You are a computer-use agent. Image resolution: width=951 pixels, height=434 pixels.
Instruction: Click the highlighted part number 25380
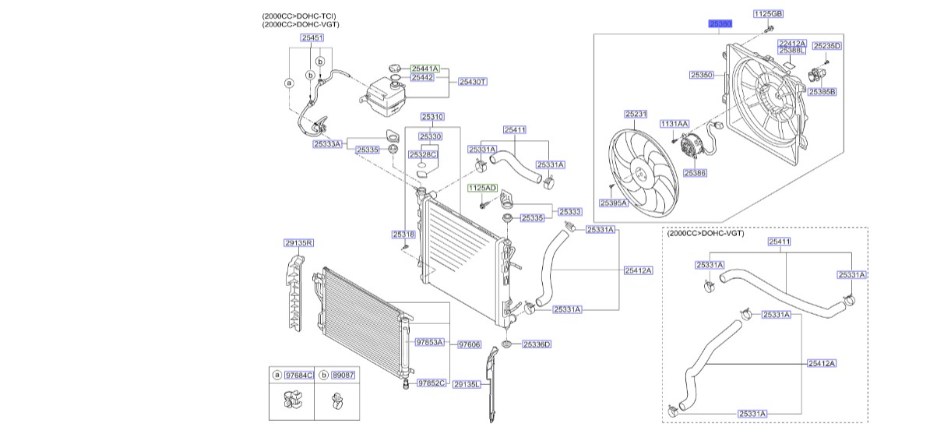point(720,24)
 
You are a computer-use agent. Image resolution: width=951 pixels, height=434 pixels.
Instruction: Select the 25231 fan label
point(636,114)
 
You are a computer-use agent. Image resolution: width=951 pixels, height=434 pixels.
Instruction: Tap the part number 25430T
point(472,81)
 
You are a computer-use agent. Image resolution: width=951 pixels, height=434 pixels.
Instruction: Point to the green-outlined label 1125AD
point(481,189)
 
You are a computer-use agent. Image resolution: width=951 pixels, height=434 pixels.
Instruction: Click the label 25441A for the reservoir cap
point(425,69)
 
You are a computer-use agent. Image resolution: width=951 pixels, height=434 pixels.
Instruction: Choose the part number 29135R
point(298,243)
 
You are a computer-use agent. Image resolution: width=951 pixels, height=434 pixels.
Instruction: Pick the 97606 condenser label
point(469,343)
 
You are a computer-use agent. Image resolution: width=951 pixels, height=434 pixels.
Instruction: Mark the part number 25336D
point(537,344)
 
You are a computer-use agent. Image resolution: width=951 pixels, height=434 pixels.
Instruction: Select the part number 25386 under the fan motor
point(696,173)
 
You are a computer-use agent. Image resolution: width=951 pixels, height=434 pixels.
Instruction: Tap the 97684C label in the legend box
point(299,375)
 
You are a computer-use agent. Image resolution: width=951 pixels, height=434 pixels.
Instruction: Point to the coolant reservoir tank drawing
point(384,92)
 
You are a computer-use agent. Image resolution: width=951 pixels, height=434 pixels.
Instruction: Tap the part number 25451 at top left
point(312,37)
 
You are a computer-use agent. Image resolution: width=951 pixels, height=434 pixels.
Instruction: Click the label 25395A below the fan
point(613,203)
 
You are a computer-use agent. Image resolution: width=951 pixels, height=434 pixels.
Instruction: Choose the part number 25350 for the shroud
point(701,75)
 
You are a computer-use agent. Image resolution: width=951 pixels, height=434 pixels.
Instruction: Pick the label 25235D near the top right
point(827,46)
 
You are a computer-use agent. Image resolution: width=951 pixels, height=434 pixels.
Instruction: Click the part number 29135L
point(466,383)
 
